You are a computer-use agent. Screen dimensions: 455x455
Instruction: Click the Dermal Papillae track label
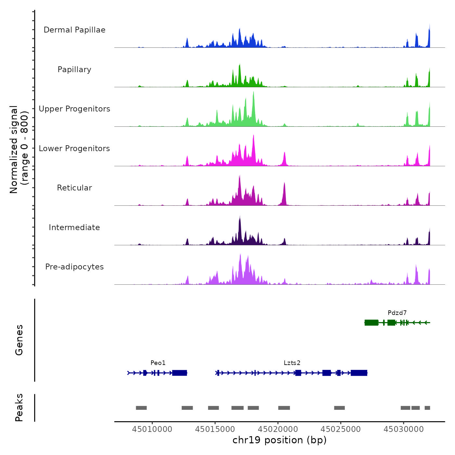pyautogui.click(x=74, y=30)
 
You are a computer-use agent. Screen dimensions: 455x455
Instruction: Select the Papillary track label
pyautogui.click(x=74, y=70)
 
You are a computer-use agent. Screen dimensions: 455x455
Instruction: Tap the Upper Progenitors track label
pyautogui.click(x=74, y=109)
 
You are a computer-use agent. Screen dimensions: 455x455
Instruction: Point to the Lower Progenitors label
pyautogui.click(x=74, y=149)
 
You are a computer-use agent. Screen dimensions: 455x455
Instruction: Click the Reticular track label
pyautogui.click(x=74, y=188)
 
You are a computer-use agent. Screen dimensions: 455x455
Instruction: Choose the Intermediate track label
pyautogui.click(x=74, y=227)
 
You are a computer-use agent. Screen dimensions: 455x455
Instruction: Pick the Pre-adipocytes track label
pyautogui.click(x=74, y=267)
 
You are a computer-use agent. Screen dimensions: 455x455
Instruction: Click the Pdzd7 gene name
pyautogui.click(x=397, y=313)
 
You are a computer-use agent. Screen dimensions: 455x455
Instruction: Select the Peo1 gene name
pyautogui.click(x=158, y=363)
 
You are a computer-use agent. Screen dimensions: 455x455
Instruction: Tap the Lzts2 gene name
pyautogui.click(x=292, y=363)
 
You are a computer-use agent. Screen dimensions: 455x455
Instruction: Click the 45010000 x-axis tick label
pyautogui.click(x=152, y=429)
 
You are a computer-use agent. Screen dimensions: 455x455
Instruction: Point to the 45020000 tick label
pyautogui.click(x=278, y=429)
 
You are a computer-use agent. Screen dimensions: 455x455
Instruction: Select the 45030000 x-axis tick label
pyautogui.click(x=404, y=429)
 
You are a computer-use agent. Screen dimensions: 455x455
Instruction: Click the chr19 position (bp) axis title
pyautogui.click(x=279, y=440)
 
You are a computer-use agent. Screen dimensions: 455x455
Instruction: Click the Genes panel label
pyautogui.click(x=19, y=340)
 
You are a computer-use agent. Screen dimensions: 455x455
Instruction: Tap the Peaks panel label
pyautogui.click(x=19, y=408)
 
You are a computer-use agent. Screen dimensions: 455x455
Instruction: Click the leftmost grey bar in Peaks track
pyautogui.click(x=141, y=408)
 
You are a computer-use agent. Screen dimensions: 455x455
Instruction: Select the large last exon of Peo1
pyautogui.click(x=179, y=373)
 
